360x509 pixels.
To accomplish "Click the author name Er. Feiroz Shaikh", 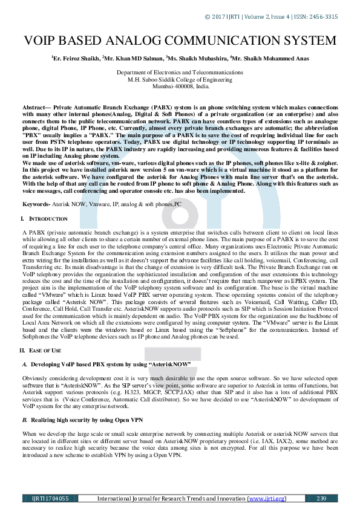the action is tap(76, 59).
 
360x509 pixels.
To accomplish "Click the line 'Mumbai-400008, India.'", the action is tap(180, 86).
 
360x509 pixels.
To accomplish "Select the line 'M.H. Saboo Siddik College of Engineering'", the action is tap(180, 79).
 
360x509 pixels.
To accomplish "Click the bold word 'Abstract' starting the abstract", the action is tap(35, 105).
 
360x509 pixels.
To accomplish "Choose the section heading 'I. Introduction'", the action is tap(42, 218).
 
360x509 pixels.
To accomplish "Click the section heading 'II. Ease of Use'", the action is tap(43, 351).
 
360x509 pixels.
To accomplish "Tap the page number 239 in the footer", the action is tap(321, 499).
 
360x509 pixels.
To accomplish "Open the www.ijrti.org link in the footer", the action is tap(266, 499).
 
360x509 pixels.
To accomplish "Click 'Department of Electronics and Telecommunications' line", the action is tap(180, 73).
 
